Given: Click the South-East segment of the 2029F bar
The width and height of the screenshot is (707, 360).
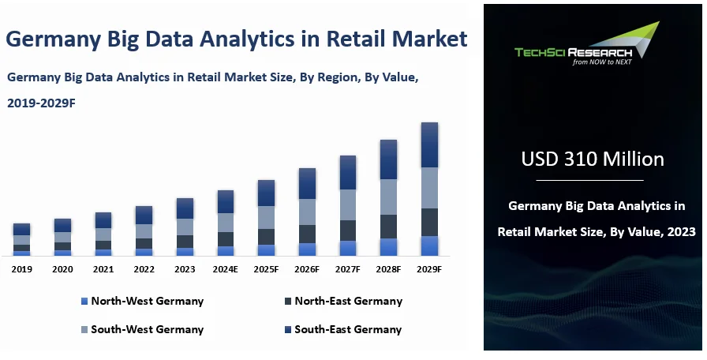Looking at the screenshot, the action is pyautogui.click(x=429, y=144).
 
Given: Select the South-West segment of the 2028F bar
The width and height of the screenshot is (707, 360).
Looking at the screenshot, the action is pyautogui.click(x=389, y=197).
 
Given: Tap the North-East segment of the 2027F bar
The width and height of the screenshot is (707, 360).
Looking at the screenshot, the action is pyautogui.click(x=348, y=231).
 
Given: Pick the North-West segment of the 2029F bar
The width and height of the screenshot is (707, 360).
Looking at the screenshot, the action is pyautogui.click(x=429, y=246).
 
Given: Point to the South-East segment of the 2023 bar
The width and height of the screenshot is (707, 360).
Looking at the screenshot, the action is pyautogui.click(x=185, y=208).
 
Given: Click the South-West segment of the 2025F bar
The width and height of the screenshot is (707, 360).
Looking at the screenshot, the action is pyautogui.click(x=267, y=217).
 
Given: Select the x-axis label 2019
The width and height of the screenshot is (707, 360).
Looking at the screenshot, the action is pyautogui.click(x=21, y=269).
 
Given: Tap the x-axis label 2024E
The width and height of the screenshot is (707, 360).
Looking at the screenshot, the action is pyautogui.click(x=226, y=269).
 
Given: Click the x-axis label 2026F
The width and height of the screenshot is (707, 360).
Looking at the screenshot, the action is pyautogui.click(x=307, y=269).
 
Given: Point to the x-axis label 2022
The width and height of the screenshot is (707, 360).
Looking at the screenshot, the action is pyautogui.click(x=144, y=269).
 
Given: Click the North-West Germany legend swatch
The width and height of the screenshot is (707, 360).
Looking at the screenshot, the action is pyautogui.click(x=84, y=302).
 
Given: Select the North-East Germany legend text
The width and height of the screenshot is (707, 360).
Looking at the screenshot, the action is pyautogui.click(x=349, y=301).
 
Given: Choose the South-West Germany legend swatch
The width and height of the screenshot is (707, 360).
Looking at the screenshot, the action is pyautogui.click(x=84, y=330).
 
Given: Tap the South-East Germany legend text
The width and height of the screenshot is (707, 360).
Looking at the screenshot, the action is pyautogui.click(x=348, y=329).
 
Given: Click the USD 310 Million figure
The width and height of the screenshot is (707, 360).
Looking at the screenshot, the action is pyautogui.click(x=593, y=159).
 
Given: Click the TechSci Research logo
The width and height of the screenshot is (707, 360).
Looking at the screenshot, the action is pyautogui.click(x=587, y=43).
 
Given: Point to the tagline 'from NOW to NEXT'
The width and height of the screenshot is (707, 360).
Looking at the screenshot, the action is pyautogui.click(x=602, y=62).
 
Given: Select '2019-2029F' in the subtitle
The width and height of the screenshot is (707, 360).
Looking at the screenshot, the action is pyautogui.click(x=41, y=103).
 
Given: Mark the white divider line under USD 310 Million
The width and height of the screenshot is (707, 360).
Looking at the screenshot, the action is pyautogui.click(x=589, y=180).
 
